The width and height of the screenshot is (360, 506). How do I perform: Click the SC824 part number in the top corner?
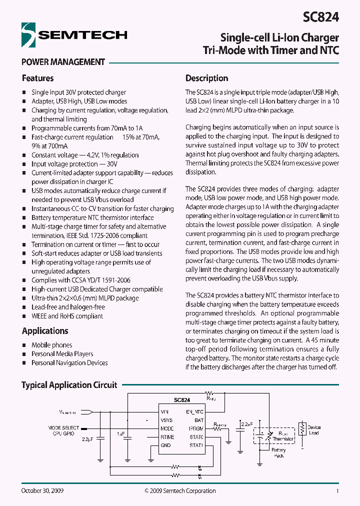click(320, 17)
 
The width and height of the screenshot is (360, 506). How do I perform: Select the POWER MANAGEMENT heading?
click(63, 62)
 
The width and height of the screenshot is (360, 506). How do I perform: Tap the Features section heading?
click(37, 78)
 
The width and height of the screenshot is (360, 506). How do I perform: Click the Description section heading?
click(206, 78)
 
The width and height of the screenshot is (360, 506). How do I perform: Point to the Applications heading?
click(45, 331)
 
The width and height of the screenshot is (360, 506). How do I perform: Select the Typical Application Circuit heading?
click(69, 385)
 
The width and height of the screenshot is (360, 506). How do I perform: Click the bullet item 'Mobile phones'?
click(51, 345)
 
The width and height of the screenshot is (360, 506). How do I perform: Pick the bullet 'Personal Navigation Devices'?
click(69, 363)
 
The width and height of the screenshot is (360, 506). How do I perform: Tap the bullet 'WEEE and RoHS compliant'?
click(67, 316)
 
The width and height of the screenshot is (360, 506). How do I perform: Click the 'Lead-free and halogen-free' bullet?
click(68, 307)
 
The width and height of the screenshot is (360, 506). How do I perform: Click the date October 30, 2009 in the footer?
click(42, 491)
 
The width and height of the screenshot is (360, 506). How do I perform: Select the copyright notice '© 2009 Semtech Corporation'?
click(180, 491)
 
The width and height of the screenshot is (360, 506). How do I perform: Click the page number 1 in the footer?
click(337, 491)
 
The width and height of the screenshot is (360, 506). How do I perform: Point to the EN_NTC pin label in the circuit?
click(194, 411)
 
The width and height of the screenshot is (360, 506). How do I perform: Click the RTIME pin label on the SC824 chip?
click(167, 437)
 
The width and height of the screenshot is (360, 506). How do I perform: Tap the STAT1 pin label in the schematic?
click(196, 445)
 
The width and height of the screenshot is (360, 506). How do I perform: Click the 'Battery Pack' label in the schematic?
click(278, 453)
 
